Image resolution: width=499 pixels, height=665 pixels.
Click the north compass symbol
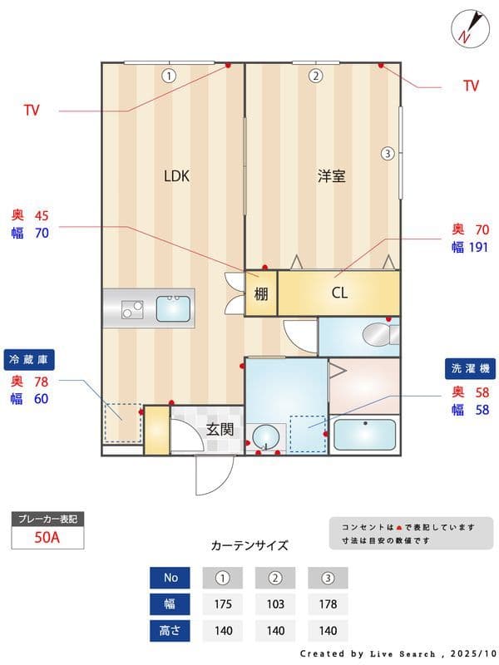[x=466, y=28]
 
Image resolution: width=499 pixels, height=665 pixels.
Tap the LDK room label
[x=176, y=175]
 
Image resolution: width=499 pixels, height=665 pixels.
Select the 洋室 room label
[x=331, y=175]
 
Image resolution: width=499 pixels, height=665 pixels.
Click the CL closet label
[x=339, y=293]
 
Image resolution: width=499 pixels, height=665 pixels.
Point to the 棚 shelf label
[x=260, y=293]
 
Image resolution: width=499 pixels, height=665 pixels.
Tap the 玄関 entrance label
[x=220, y=430]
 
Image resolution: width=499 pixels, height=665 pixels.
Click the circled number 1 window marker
[x=169, y=76]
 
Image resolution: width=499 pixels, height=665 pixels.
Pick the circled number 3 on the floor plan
[x=387, y=153]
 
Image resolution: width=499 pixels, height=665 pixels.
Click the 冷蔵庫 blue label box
[x=29, y=360]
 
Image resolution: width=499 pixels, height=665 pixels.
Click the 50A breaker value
[x=47, y=537]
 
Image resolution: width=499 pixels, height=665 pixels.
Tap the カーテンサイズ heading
[x=249, y=545]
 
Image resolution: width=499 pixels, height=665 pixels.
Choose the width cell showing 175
[x=223, y=603]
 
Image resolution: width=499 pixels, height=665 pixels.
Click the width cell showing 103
[x=275, y=603]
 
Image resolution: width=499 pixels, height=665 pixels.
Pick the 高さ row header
[x=170, y=630]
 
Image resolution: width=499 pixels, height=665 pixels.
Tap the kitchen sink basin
[x=173, y=308]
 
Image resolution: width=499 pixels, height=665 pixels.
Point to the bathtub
[x=363, y=434]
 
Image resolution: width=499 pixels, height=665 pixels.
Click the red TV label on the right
[x=470, y=86]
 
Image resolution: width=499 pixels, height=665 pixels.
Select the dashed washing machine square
[x=308, y=432]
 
